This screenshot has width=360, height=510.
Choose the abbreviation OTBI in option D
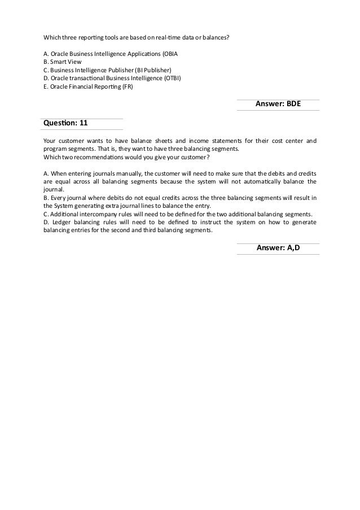(x=172, y=78)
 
